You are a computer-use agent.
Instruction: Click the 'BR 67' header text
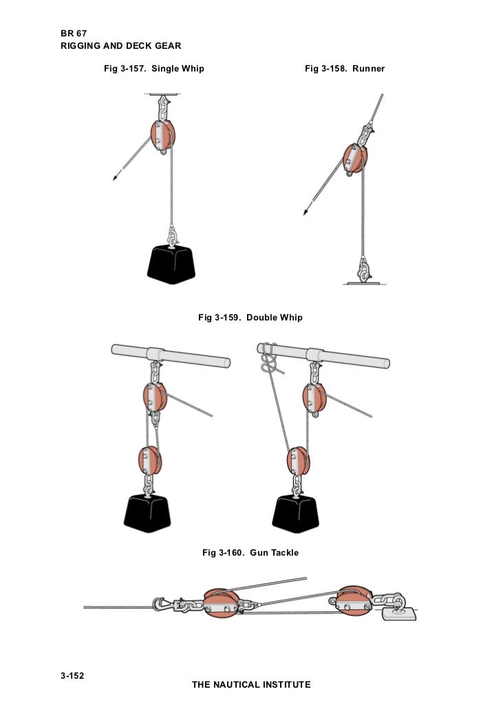tap(74, 34)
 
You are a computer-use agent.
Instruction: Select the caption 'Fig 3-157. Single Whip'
tap(154, 69)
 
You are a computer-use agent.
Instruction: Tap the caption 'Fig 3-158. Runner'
tap(345, 69)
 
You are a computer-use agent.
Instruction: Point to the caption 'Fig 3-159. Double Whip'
tap(250, 318)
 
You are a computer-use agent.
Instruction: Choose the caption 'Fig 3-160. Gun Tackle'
tap(250, 552)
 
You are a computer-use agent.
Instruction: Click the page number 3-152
tap(72, 676)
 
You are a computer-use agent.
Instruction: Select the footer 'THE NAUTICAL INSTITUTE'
tap(251, 684)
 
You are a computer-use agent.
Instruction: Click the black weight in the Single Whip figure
tap(171, 265)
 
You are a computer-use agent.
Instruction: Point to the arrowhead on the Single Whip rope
tap(115, 177)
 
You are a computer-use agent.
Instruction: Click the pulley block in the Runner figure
tap(355, 158)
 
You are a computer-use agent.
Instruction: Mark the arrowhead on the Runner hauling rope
tap(306, 212)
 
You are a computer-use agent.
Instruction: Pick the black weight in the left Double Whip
tap(147, 513)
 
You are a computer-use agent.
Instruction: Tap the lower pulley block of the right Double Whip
tap(298, 461)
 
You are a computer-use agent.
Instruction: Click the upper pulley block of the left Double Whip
tap(155, 397)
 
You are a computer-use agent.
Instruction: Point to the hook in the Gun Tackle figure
tap(158, 604)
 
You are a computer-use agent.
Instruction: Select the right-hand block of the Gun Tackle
tap(354, 601)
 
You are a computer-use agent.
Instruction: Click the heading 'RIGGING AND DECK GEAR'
tap(121, 45)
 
